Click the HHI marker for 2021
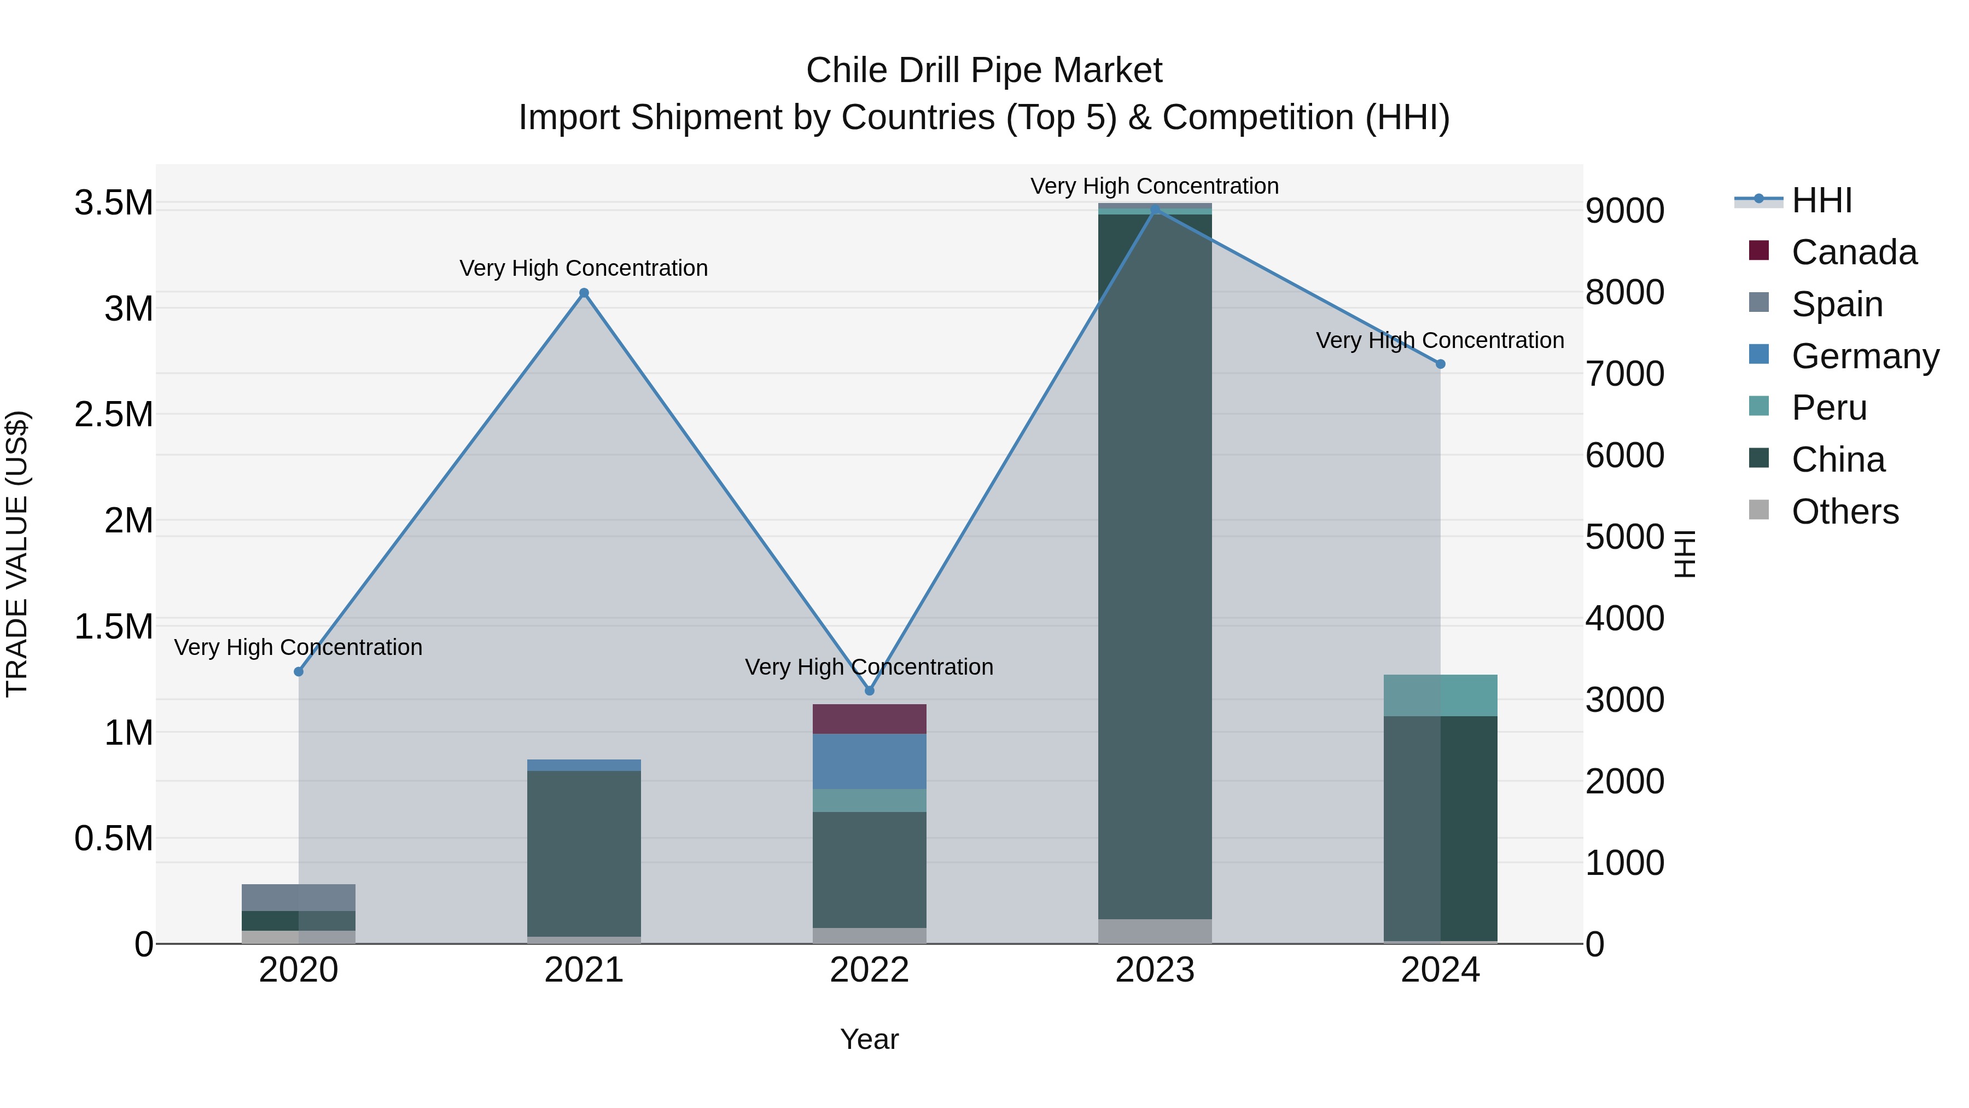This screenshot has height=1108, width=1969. (584, 293)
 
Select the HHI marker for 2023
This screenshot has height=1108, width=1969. (1155, 209)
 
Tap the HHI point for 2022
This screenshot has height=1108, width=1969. (869, 691)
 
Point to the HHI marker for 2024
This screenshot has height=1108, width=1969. (1440, 364)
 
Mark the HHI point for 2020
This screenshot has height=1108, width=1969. (299, 671)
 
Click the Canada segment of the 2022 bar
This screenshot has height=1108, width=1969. (869, 719)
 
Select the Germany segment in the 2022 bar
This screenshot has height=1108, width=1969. (869, 761)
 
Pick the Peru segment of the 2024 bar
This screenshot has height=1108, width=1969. (1440, 695)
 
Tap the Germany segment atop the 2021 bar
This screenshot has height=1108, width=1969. (584, 765)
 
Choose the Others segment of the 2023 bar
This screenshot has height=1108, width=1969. (1155, 931)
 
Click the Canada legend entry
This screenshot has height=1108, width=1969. (1854, 252)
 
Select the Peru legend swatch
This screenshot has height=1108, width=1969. (1759, 406)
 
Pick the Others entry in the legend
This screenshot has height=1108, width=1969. (1844, 512)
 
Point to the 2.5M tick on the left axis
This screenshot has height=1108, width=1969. (114, 414)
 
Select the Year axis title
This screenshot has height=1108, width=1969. (869, 1039)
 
